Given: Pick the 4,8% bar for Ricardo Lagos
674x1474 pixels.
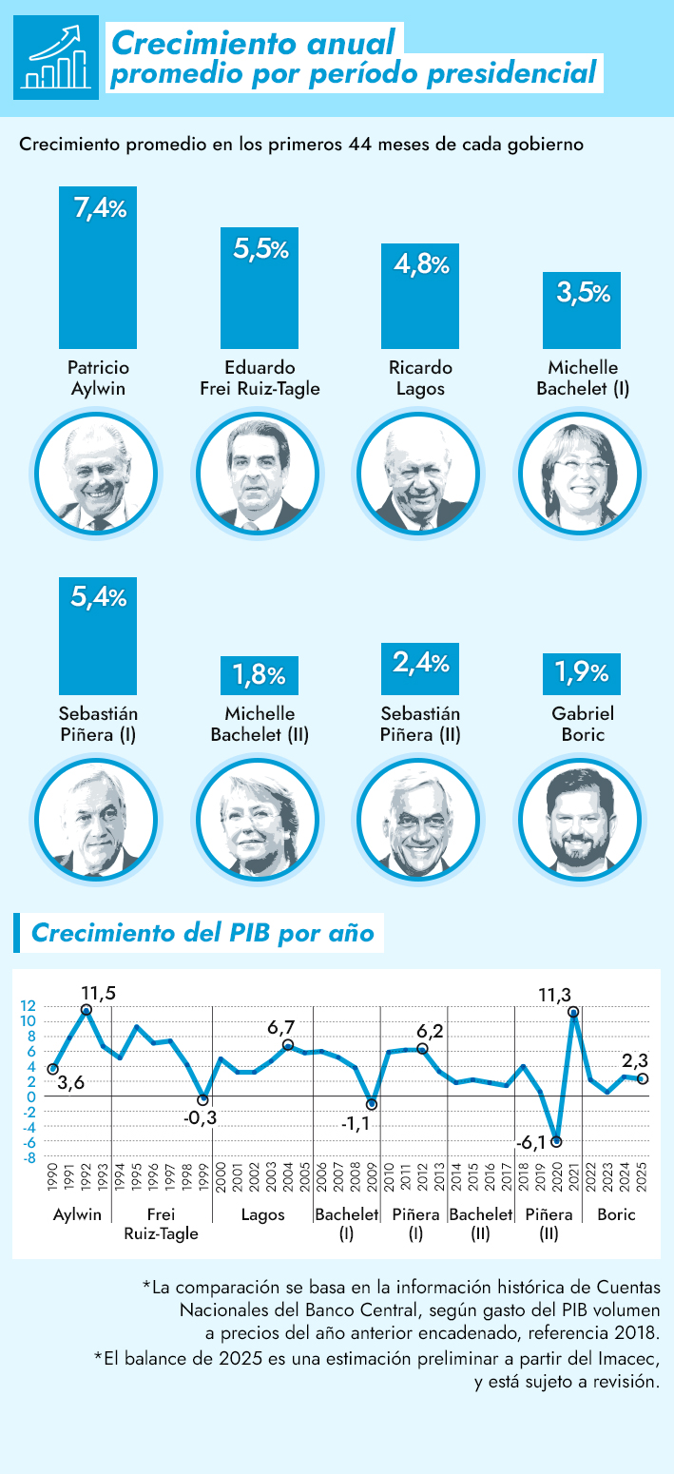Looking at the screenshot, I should pyautogui.click(x=420, y=296).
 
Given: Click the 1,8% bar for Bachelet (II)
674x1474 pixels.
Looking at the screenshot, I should pyautogui.click(x=260, y=675).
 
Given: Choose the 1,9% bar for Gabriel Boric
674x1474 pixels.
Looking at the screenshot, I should pyautogui.click(x=581, y=674).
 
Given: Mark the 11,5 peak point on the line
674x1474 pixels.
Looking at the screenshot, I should pyautogui.click(x=87, y=1010).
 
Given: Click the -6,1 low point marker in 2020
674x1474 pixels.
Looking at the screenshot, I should pyautogui.click(x=556, y=1141).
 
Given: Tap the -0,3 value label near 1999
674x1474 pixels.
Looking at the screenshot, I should pyautogui.click(x=200, y=1118).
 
